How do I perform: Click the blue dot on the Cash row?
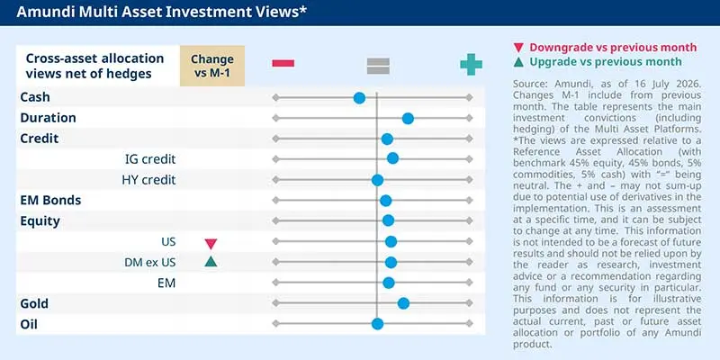[359, 98]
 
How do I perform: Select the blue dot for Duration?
[408, 119]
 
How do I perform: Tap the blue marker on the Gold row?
[403, 303]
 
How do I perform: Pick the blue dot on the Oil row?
[377, 324]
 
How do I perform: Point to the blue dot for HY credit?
[377, 180]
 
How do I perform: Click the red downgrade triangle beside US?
[211, 244]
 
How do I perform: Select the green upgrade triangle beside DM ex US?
[211, 262]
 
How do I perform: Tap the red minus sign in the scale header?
[283, 63]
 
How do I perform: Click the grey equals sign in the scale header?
[378, 66]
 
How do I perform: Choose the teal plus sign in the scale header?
[471, 64]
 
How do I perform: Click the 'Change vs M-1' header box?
[212, 66]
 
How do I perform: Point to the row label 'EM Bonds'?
[50, 200]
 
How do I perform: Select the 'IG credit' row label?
[150, 159]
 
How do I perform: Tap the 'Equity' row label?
[40, 221]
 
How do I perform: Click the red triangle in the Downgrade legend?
[519, 48]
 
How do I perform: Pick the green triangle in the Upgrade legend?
[519, 62]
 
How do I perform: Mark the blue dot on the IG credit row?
[392, 159]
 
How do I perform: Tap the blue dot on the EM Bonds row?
[386, 201]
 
